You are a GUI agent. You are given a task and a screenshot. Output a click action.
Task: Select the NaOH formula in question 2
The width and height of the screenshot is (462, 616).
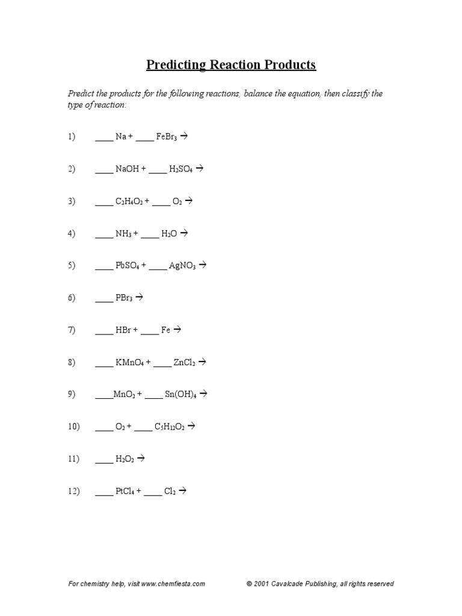point(127,170)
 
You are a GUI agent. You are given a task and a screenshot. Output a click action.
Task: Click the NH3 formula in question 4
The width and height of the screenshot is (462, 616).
point(124,233)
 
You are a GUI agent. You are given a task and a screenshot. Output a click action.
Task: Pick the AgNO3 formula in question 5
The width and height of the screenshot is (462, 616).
point(182,265)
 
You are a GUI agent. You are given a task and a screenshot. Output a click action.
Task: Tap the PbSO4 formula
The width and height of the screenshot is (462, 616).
point(127,265)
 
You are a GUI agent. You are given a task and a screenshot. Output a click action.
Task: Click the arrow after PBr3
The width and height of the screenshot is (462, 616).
point(140,297)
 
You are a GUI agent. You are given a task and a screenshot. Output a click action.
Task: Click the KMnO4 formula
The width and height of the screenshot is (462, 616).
point(129,362)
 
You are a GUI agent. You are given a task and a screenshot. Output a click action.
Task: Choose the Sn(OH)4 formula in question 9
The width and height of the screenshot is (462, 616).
point(181,395)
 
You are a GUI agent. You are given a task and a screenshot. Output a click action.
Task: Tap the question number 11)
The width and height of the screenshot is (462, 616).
point(73,459)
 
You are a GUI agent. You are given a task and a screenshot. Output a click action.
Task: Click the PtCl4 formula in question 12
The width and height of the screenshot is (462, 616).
point(125,491)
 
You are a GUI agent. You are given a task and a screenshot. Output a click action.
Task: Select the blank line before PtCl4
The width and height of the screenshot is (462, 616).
point(104,493)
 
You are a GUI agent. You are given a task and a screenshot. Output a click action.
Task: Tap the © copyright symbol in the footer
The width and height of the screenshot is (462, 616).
point(249,584)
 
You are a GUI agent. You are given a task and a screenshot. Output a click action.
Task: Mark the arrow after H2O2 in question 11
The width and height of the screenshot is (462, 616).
point(141,459)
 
